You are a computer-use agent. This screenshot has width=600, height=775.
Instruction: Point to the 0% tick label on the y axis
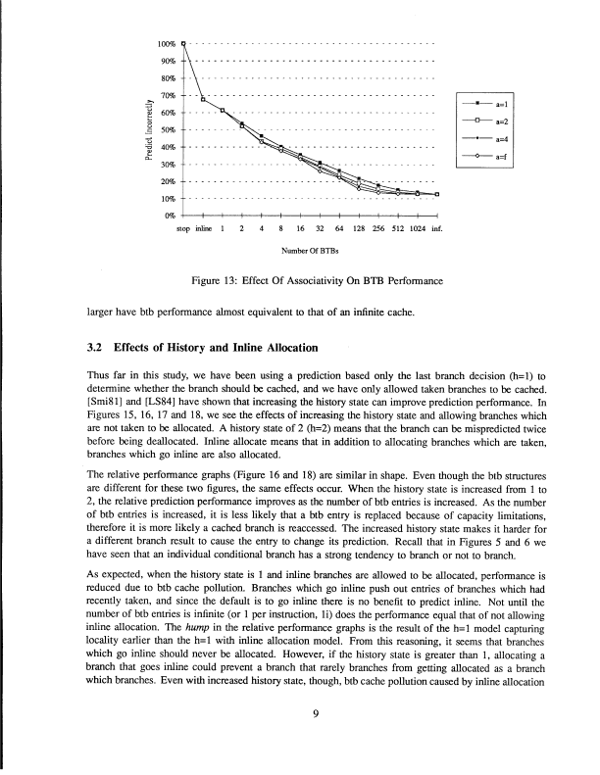click(168, 215)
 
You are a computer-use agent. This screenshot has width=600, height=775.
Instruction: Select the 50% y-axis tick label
click(167, 129)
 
